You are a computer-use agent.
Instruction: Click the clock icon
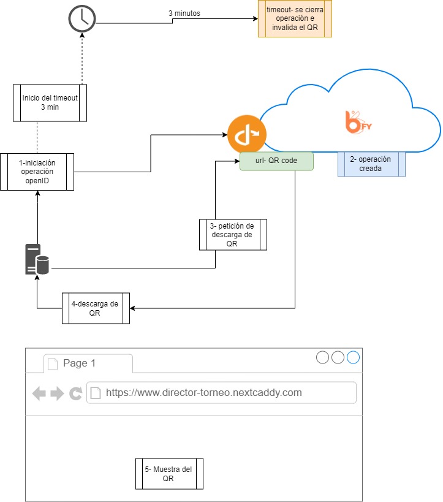coord(82,18)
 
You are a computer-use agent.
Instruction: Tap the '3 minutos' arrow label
coord(184,13)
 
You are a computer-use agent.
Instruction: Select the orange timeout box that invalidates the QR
coord(295,18)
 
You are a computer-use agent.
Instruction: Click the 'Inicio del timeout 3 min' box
coord(50,103)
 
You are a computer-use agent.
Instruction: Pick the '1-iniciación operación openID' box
coord(37,172)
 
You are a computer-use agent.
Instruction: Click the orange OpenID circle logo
coord(247,134)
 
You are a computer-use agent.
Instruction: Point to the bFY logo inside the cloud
coord(358,122)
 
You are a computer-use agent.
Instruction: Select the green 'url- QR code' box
coord(276,161)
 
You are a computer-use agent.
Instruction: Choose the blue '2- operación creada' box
coord(371,164)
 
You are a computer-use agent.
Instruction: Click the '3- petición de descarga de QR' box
coord(233,235)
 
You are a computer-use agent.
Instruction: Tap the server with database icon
coord(37,259)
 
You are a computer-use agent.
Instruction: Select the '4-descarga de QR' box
coord(96,308)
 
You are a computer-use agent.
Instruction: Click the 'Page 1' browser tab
coord(88,363)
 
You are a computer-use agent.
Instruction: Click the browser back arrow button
coord(39,393)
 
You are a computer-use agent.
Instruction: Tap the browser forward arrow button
coord(57,393)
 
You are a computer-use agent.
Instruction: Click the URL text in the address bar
coord(204,392)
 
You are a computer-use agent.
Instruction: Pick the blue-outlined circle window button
coord(353,357)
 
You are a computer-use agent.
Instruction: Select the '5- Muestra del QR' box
coord(169,474)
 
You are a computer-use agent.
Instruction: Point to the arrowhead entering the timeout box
coord(256,18)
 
